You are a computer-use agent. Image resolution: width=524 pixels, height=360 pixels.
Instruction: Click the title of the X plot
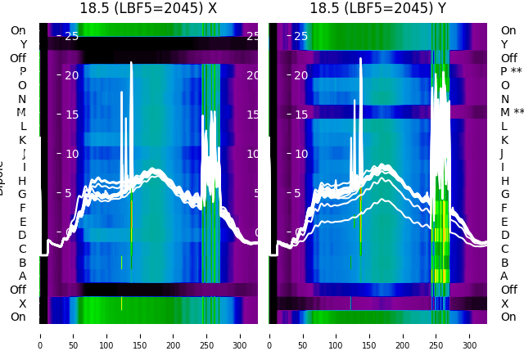[148, 9]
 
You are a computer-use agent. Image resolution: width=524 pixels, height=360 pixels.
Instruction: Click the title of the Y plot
[377, 9]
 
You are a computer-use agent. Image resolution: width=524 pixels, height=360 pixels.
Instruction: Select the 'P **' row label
[511, 72]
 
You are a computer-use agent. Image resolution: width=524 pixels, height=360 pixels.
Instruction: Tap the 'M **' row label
[512, 113]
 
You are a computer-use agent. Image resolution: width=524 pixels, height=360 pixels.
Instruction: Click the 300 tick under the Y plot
[470, 335]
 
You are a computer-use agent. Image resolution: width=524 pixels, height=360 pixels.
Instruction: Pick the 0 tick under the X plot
[39, 335]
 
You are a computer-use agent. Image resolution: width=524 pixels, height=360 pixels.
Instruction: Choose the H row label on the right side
[505, 181]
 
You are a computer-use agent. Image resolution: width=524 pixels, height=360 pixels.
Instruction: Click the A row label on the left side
[22, 277]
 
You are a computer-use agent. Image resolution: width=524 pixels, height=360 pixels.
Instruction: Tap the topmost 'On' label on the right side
[508, 31]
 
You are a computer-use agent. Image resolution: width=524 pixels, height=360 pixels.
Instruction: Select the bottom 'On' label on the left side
[18, 317]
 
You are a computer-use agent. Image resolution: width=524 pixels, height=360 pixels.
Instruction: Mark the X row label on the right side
[505, 304]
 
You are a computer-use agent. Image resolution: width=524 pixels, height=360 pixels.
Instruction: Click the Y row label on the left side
[23, 44]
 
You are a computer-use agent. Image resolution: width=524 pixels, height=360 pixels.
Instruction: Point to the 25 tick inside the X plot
[71, 36]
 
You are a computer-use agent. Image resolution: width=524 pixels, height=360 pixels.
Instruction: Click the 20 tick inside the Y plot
[300, 75]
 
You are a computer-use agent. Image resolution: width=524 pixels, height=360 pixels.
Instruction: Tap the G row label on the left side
[22, 195]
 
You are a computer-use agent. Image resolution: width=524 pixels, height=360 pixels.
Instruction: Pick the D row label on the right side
[505, 236]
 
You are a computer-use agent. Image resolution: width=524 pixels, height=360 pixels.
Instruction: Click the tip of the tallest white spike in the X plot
[131, 62]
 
